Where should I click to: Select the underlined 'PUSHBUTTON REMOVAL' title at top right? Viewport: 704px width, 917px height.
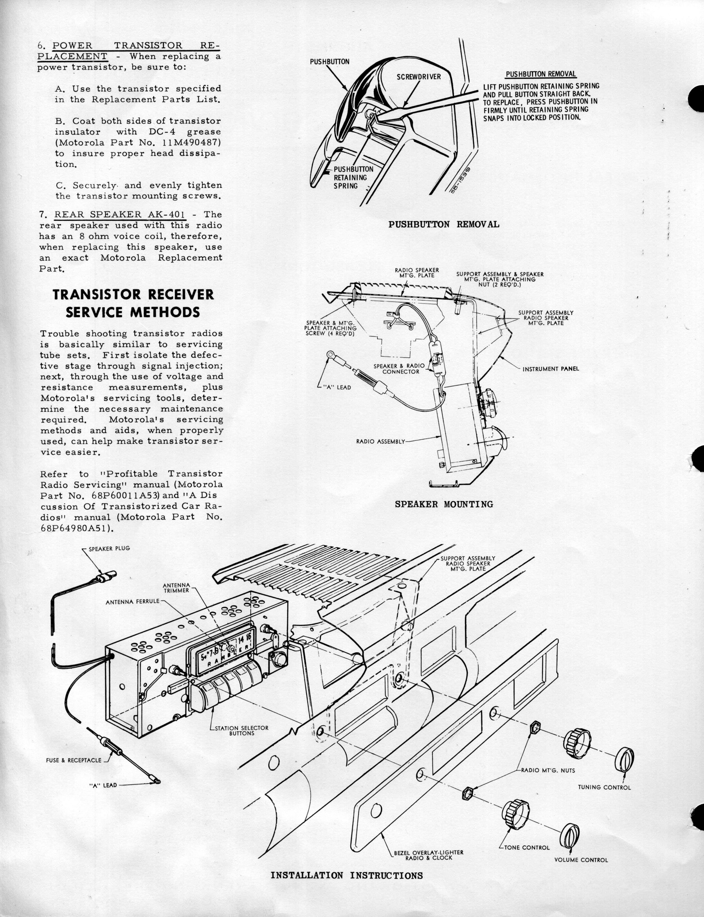click(541, 74)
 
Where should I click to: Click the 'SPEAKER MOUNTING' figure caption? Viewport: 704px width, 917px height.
click(444, 504)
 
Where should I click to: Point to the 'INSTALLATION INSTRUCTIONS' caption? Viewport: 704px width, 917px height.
click(347, 887)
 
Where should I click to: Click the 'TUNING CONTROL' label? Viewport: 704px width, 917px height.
click(604, 787)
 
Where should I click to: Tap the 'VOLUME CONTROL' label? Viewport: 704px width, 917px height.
click(581, 860)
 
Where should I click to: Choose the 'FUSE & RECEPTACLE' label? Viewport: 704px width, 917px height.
click(73, 760)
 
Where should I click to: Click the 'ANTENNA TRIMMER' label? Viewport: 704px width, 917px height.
click(176, 588)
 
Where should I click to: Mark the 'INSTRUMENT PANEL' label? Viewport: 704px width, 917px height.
click(550, 369)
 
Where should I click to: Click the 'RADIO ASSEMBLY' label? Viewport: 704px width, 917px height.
click(380, 441)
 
